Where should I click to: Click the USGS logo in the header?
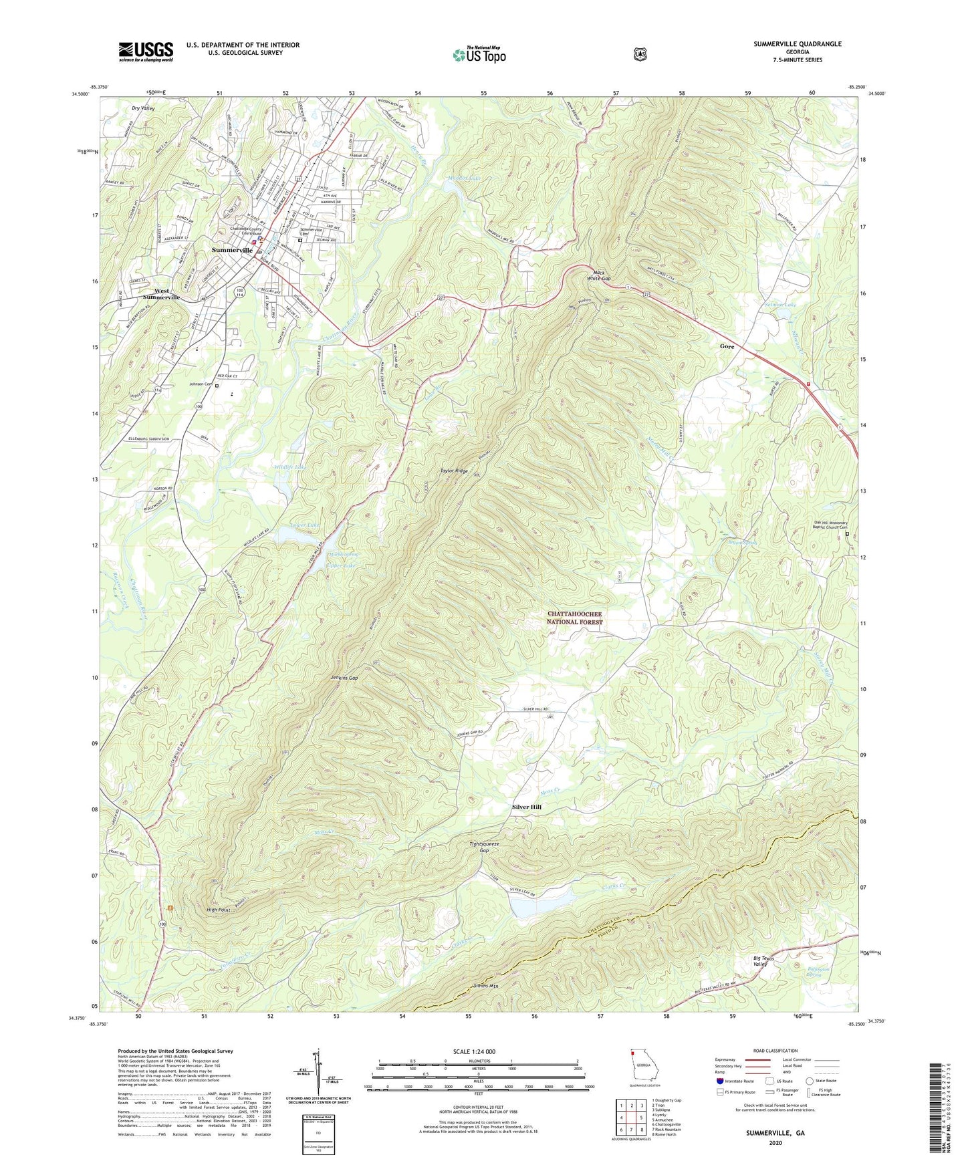point(146,51)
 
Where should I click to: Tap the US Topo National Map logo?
point(479,54)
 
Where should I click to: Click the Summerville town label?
point(232,250)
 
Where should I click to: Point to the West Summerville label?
point(162,294)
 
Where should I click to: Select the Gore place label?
point(727,346)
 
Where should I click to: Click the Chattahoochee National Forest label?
point(574,618)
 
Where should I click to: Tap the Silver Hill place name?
point(527,807)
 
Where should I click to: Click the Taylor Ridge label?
point(454,471)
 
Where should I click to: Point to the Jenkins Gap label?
point(344,678)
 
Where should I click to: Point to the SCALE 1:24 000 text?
point(474,1051)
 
